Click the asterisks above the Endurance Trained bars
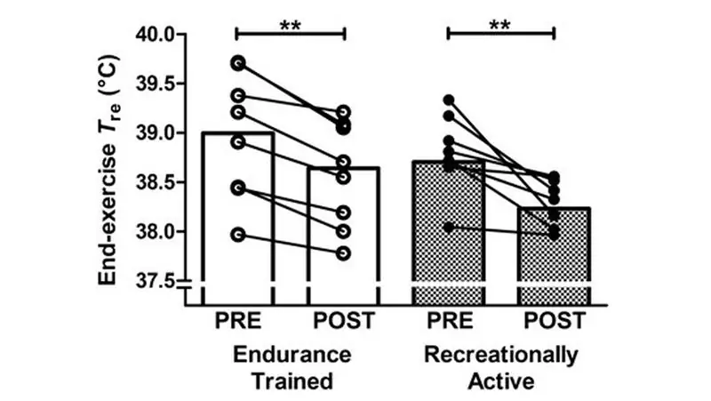point(290,24)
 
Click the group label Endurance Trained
point(290,367)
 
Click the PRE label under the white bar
point(237,320)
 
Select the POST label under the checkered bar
point(555,320)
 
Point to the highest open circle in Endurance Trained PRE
point(237,63)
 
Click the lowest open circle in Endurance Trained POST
point(343,253)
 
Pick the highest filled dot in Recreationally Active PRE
point(449,100)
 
